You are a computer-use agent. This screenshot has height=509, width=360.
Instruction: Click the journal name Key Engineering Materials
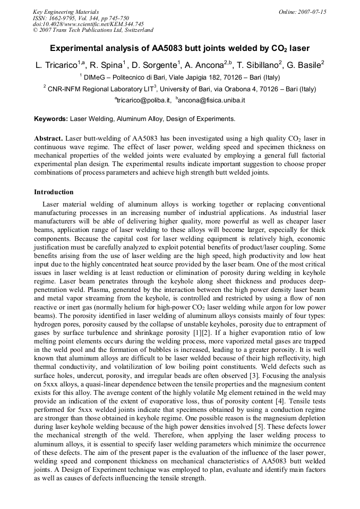point(66,12)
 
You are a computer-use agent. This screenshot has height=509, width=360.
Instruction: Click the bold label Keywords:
point(51,119)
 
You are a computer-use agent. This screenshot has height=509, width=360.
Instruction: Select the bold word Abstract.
point(48,138)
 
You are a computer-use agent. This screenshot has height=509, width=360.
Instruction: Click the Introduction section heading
point(54,192)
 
